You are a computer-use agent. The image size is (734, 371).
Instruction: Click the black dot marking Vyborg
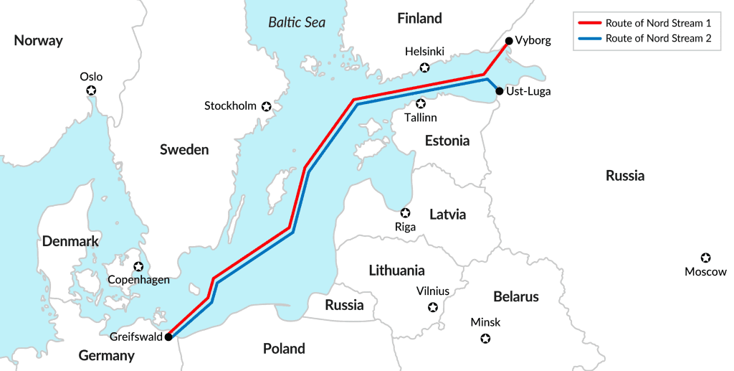(x=508, y=41)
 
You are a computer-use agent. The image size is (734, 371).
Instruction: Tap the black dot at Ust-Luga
(x=499, y=91)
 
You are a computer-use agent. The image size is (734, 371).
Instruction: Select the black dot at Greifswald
(x=168, y=337)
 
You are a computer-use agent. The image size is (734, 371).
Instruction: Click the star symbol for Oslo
(x=91, y=90)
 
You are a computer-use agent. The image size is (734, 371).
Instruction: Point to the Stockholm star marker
(x=267, y=106)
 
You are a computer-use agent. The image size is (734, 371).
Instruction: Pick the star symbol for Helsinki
(x=424, y=67)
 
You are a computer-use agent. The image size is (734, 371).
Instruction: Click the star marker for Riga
(x=405, y=213)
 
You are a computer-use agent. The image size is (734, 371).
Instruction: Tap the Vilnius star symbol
(x=432, y=307)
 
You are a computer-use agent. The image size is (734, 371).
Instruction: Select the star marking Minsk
(x=485, y=338)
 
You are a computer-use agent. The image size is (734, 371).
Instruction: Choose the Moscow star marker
(x=705, y=258)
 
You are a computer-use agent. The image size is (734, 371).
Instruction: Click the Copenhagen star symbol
(x=138, y=266)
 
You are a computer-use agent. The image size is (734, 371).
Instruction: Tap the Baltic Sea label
(x=297, y=22)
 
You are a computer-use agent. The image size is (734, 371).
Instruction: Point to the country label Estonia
(x=447, y=141)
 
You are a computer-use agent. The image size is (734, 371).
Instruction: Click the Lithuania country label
(x=396, y=271)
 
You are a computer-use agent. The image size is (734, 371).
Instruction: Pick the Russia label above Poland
(x=344, y=305)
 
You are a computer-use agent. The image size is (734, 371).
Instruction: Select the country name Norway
(x=39, y=41)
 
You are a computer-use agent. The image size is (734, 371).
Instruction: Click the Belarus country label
(x=515, y=296)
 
